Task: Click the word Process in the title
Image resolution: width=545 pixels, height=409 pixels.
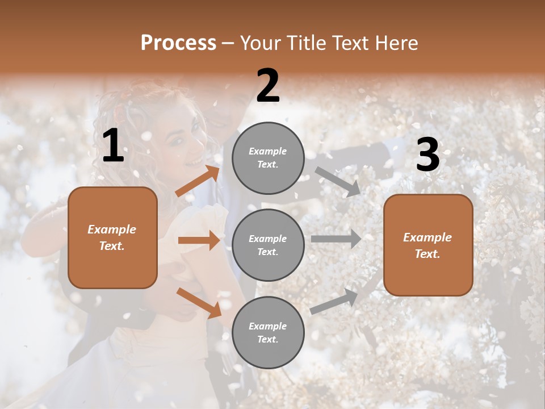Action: (178, 43)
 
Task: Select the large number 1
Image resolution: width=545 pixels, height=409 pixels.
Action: (113, 146)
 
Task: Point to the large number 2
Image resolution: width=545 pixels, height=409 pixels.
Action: (268, 86)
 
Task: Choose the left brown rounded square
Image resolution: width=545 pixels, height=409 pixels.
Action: (112, 237)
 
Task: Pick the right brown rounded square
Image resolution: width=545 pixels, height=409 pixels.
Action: (428, 245)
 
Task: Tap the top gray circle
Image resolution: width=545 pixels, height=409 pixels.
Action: (268, 158)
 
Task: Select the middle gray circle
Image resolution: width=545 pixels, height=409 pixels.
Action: (268, 245)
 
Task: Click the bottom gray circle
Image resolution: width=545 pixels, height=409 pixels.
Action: (268, 332)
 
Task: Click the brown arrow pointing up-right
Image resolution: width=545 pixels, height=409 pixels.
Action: (198, 181)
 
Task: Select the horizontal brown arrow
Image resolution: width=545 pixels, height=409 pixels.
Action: (199, 240)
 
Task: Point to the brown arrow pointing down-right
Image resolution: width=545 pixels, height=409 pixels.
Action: (199, 303)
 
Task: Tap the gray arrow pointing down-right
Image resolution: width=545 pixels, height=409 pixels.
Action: (337, 181)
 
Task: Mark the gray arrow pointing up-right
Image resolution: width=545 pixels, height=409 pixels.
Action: (334, 302)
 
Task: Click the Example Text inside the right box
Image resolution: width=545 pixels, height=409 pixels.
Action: (427, 245)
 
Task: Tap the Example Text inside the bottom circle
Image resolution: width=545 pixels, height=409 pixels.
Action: (268, 333)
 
